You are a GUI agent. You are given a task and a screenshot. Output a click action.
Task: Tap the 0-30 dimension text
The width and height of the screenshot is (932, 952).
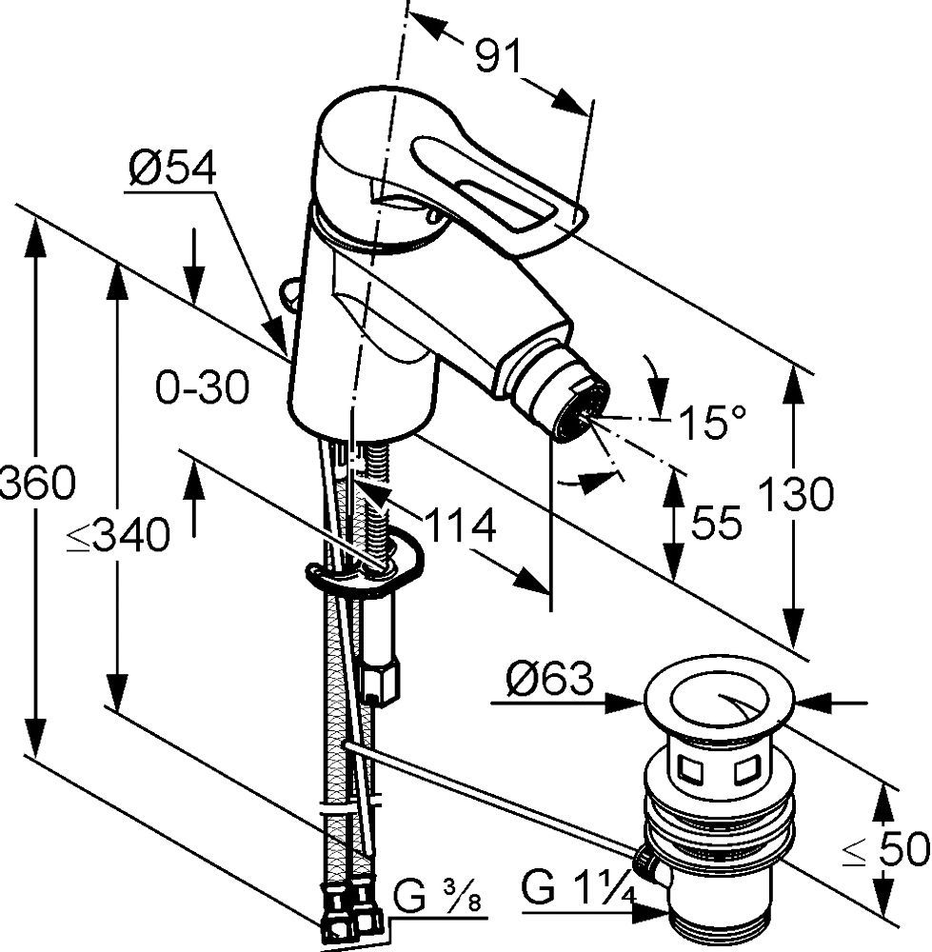coord(202,388)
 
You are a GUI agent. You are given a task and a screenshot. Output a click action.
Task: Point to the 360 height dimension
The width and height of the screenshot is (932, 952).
coord(36,485)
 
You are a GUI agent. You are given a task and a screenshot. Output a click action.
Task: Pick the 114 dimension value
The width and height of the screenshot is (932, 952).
coord(459,525)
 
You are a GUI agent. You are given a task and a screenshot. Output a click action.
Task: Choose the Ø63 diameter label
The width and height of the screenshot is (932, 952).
coord(549,680)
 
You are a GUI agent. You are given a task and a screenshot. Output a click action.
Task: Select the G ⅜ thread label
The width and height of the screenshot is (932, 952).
coord(439,898)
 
